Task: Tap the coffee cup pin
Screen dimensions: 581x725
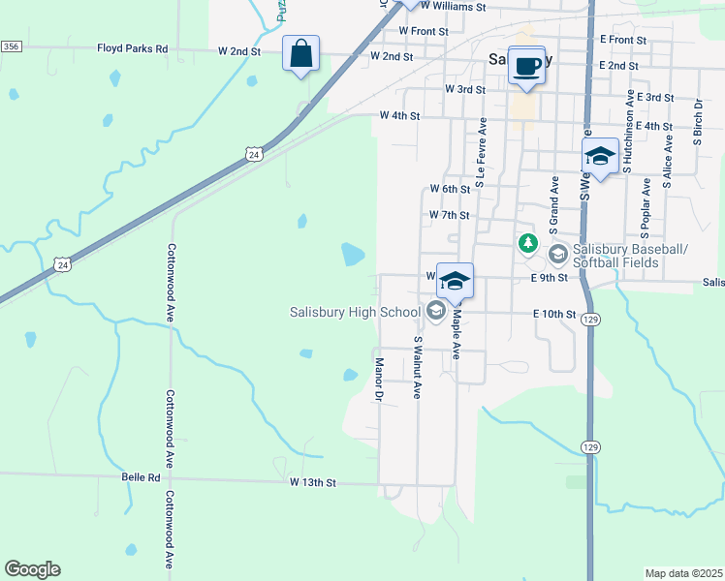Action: click(526, 66)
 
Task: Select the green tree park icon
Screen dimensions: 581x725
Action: click(527, 242)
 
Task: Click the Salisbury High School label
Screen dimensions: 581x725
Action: click(355, 312)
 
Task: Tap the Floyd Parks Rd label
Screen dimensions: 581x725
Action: click(133, 48)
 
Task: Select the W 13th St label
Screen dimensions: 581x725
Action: click(312, 481)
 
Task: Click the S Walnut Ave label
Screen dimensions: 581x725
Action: click(418, 367)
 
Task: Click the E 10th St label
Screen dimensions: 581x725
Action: click(554, 315)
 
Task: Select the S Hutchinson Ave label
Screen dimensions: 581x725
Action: click(629, 125)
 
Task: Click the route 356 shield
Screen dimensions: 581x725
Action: click(11, 46)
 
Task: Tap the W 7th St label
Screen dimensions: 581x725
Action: click(449, 215)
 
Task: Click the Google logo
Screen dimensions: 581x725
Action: click(32, 569)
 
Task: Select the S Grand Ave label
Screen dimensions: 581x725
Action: click(553, 204)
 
